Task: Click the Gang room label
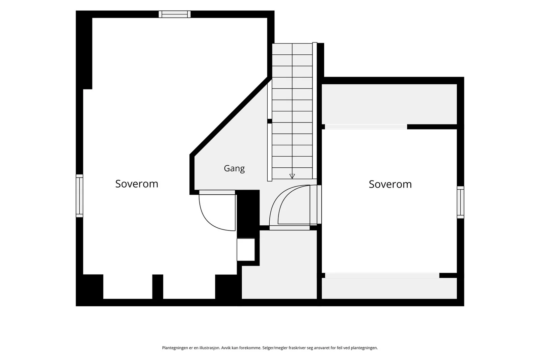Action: click(x=234, y=168)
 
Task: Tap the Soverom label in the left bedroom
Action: click(x=137, y=184)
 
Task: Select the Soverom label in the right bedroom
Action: click(x=390, y=184)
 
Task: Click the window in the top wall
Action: click(x=174, y=14)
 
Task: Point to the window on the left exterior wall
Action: click(x=80, y=196)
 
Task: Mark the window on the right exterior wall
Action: click(x=460, y=202)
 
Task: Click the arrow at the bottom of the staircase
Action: click(x=292, y=176)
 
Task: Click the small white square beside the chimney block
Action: click(x=246, y=249)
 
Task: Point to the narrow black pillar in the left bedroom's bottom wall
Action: click(x=158, y=286)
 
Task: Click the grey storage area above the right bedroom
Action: click(x=389, y=104)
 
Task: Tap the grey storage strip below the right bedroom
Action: click(x=389, y=288)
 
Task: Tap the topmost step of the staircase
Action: click(x=292, y=49)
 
